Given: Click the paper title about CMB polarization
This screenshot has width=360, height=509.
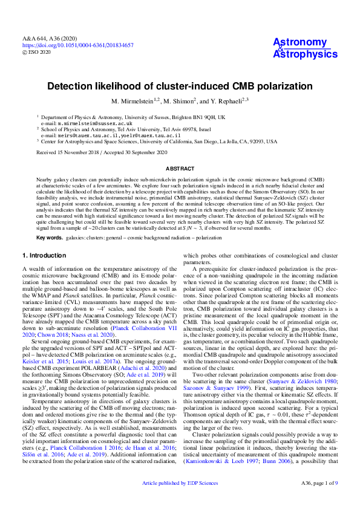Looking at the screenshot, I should pyautogui.click(x=180, y=86).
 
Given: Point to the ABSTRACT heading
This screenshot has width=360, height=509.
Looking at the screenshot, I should pyautogui.click(x=180, y=167).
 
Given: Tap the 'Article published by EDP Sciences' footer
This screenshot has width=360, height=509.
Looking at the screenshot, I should pyautogui.click(x=180, y=500).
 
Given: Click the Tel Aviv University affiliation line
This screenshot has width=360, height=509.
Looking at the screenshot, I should pyautogui.click(x=127, y=129).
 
